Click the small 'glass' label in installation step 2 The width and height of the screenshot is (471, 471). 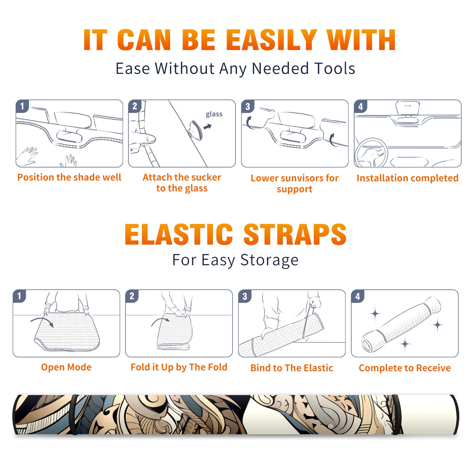pyautogui.click(x=214, y=114)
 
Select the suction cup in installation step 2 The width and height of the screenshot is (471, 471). pyautogui.click(x=195, y=130)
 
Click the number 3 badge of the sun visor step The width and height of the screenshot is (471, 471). pyautogui.click(x=248, y=107)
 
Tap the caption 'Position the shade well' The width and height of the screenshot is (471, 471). pyautogui.click(x=69, y=177)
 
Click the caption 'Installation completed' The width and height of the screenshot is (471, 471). pyautogui.click(x=407, y=178)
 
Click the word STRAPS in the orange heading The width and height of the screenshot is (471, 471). pyautogui.click(x=295, y=234)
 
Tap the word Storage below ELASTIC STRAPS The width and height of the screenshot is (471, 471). pyautogui.click(x=269, y=260)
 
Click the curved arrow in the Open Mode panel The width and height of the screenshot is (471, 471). pyautogui.click(x=42, y=321)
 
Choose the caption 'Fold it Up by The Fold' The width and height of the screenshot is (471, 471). pyautogui.click(x=179, y=367)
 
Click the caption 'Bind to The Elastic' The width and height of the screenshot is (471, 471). pyautogui.click(x=292, y=368)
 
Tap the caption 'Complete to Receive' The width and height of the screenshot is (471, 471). pyautogui.click(x=405, y=368)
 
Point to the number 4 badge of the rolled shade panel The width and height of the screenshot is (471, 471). pyautogui.click(x=358, y=296)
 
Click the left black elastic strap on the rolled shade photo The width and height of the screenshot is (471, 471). pyautogui.click(x=74, y=415)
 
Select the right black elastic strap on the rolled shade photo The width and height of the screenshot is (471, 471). pyautogui.click(x=396, y=415)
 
